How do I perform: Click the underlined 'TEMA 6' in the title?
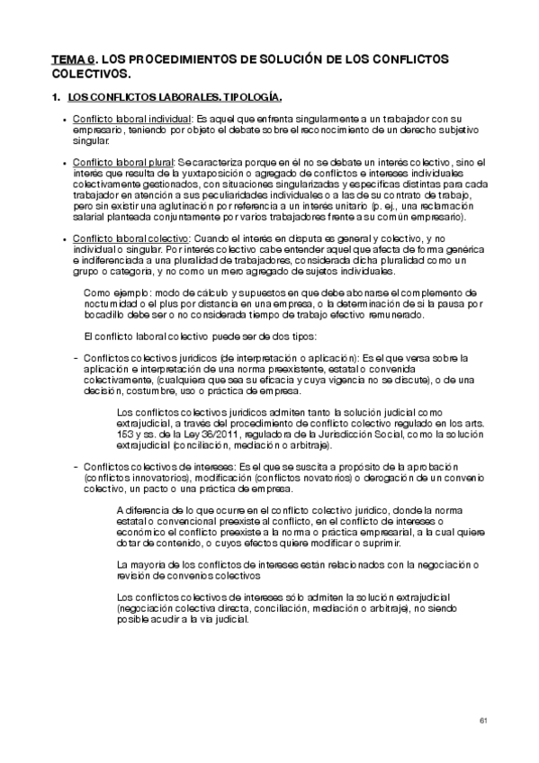click(72, 58)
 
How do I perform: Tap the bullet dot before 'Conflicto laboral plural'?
click(62, 163)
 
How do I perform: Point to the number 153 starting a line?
click(127, 435)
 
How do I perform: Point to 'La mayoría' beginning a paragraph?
click(141, 564)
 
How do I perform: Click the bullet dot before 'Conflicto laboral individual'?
click(62, 120)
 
